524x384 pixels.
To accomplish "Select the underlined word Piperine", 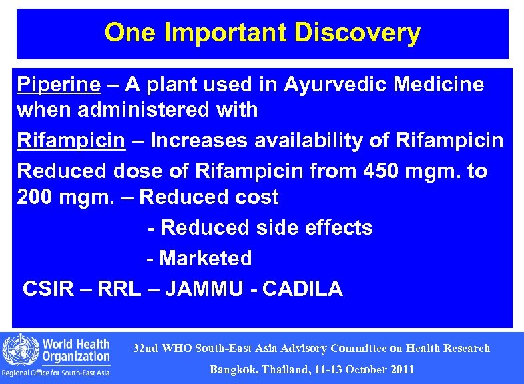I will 59,85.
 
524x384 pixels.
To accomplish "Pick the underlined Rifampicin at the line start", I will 70,141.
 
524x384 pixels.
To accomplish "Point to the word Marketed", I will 206,259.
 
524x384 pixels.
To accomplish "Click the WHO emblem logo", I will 18,350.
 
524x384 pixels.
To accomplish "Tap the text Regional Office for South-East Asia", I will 56,373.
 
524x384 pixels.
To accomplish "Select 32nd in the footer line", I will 145,349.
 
